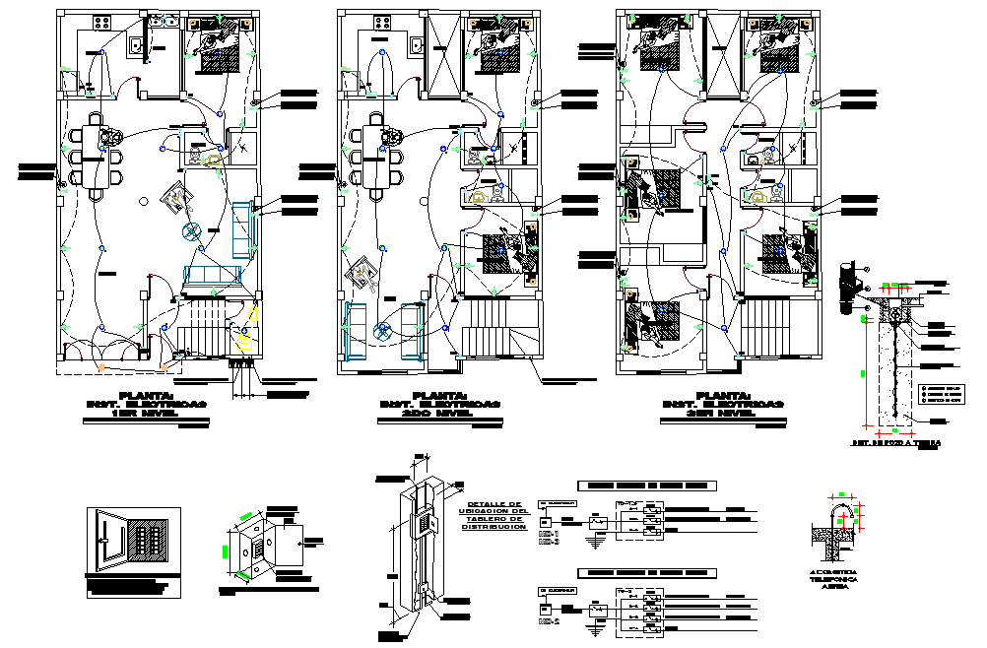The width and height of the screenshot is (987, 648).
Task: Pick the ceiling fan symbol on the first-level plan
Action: tap(190, 231)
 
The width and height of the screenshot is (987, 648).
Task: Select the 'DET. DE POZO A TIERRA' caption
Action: tap(895, 443)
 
